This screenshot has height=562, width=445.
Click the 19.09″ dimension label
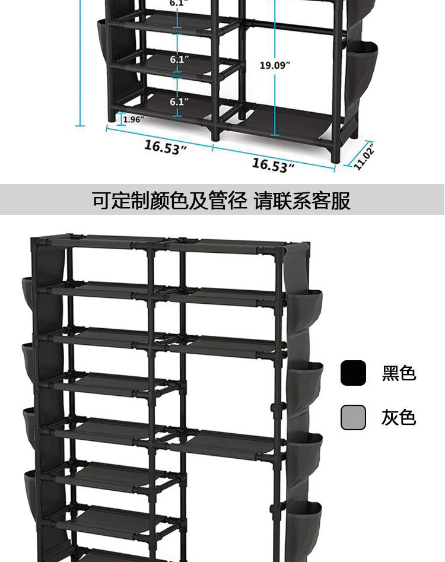(x=274, y=65)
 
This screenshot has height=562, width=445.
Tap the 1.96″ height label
(x=134, y=119)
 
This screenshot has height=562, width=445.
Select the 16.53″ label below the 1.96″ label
(x=166, y=147)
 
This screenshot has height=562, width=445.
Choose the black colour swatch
(x=353, y=373)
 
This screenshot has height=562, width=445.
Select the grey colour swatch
(x=353, y=417)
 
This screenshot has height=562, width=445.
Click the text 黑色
(x=399, y=373)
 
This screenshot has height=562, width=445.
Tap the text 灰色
(x=399, y=418)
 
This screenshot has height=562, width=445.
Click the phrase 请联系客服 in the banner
(x=303, y=201)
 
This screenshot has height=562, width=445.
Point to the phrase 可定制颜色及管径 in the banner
(x=169, y=201)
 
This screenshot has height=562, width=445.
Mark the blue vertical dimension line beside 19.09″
(x=275, y=95)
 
